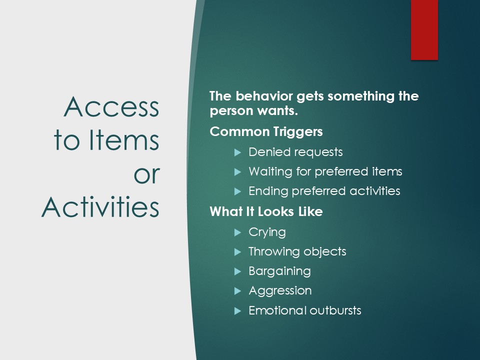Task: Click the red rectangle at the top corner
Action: tap(424, 29)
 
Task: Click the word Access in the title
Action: tap(111, 107)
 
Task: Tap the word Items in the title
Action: tap(124, 140)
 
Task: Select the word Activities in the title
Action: tap(100, 206)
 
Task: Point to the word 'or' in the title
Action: tap(147, 175)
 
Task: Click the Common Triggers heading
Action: tap(266, 131)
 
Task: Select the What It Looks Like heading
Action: tap(266, 211)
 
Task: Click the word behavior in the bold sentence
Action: tap(264, 96)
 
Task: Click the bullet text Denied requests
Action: tap(295, 152)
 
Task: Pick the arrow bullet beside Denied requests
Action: tap(238, 152)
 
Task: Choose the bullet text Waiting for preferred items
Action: tap(325, 171)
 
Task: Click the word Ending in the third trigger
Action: tap(268, 191)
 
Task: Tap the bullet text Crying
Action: tap(267, 232)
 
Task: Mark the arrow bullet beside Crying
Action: tap(238, 232)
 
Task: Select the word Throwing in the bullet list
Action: tap(273, 251)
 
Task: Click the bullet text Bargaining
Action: tap(279, 271)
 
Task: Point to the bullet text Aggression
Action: tap(280, 291)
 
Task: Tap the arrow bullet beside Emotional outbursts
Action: tap(238, 311)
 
